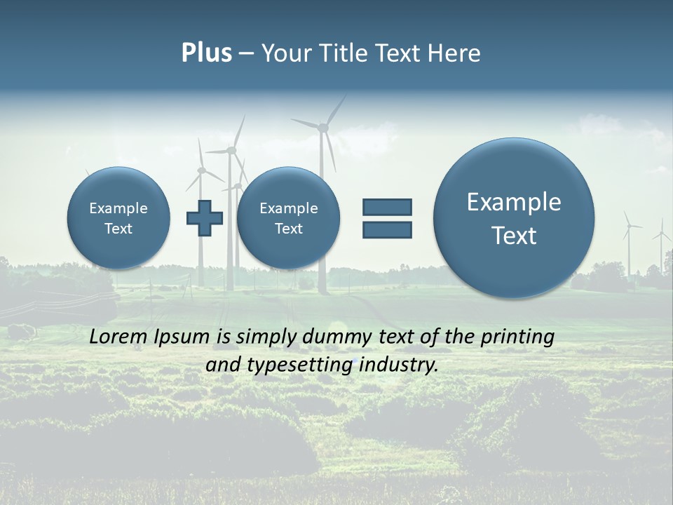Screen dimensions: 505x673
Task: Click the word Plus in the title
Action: (206, 53)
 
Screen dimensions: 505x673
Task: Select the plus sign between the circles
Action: (205, 218)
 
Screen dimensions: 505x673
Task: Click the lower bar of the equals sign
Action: (387, 229)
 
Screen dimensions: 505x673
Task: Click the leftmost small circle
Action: (118, 218)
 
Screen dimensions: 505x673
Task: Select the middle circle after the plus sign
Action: (288, 218)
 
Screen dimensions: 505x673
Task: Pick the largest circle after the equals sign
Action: (514, 218)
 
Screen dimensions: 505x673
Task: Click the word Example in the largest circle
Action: (514, 202)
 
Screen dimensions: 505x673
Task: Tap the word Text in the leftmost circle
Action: (118, 229)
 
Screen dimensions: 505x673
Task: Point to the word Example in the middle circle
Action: (288, 208)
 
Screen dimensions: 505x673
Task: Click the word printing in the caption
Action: (517, 337)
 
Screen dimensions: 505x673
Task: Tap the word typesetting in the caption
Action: (311, 365)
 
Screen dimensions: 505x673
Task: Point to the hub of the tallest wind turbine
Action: (323, 128)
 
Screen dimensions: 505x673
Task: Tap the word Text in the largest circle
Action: (514, 236)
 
